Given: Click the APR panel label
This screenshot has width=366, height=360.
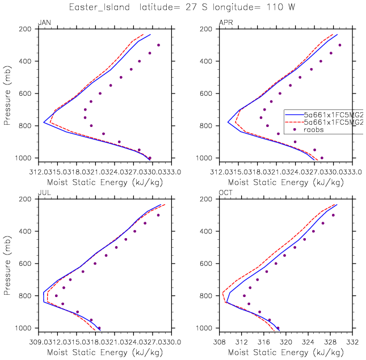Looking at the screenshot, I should click(x=225, y=23).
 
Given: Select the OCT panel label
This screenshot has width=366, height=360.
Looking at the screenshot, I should click(x=225, y=193).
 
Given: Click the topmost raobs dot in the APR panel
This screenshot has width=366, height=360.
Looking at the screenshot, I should click(x=340, y=45).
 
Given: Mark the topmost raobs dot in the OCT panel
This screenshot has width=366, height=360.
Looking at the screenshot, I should click(x=333, y=215).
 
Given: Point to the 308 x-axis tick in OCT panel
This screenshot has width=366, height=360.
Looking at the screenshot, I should click(x=219, y=342).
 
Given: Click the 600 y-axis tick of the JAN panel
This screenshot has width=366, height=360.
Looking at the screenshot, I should click(x=26, y=94).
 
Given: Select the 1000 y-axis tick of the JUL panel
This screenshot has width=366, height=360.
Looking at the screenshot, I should click(x=24, y=328).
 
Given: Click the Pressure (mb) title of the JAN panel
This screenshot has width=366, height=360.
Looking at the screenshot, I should click(x=8, y=94).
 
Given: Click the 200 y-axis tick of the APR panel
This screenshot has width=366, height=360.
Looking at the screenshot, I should click(x=207, y=29).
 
